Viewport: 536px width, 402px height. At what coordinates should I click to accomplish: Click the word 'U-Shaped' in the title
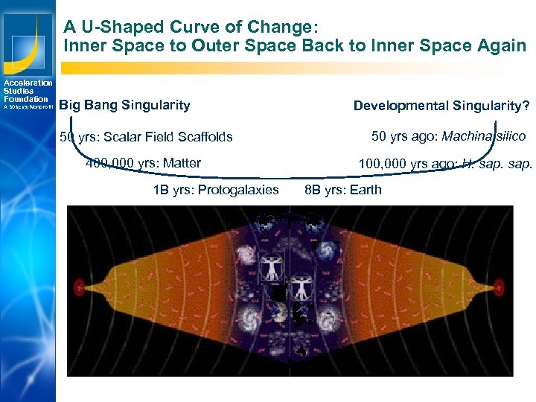coord(112,28)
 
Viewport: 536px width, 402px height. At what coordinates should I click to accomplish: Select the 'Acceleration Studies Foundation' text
coord(27,91)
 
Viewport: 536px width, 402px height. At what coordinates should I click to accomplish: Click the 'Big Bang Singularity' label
coord(124,106)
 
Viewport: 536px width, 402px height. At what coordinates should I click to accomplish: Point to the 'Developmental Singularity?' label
coord(441,106)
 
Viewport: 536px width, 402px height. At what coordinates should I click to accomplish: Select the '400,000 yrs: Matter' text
coord(143,163)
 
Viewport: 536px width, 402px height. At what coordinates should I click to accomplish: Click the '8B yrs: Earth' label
coord(342,190)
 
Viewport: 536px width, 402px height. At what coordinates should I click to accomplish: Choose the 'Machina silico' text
coord(484,136)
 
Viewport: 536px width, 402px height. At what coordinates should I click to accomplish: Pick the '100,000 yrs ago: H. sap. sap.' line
coord(445,163)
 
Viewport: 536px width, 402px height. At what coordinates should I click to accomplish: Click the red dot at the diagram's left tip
coord(80,285)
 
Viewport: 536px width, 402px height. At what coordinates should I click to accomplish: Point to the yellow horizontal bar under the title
coord(298,68)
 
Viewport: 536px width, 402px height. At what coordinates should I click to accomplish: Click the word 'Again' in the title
coord(500,46)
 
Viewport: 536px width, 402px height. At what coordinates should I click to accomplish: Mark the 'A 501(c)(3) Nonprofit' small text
coord(27,107)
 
